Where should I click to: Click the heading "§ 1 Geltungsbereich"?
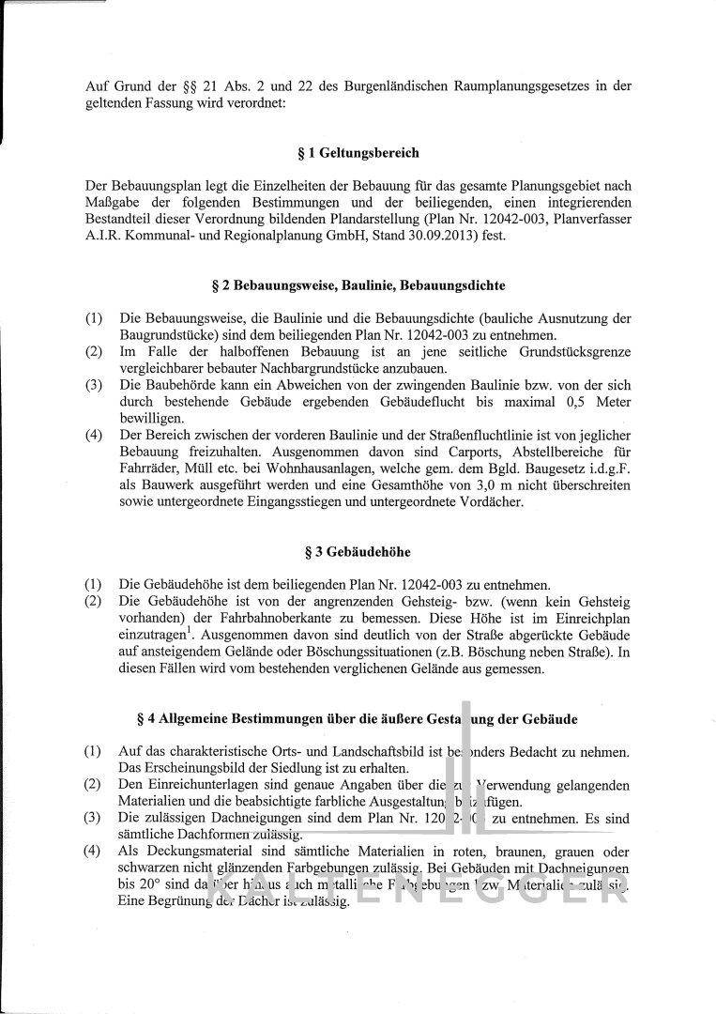357,152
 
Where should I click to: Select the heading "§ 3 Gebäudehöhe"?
357,550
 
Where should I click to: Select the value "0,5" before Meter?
573,401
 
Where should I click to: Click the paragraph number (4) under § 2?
94,435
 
